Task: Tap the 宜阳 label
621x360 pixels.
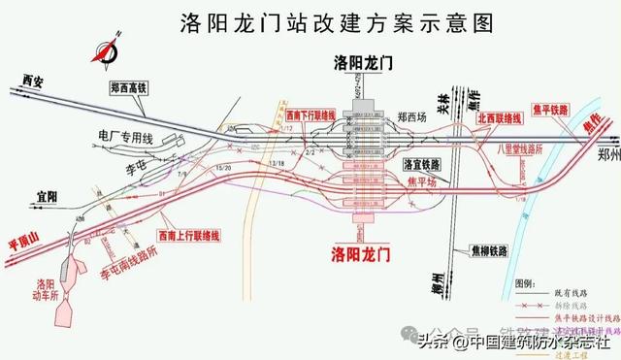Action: click(45, 197)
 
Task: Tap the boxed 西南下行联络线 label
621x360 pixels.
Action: click(309, 115)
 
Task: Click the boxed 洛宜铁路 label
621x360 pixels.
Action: click(422, 164)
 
